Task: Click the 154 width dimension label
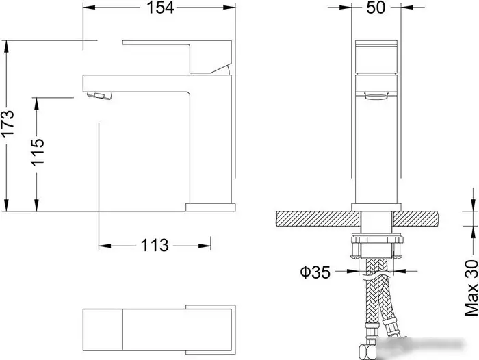click(160, 8)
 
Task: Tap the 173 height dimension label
click(8, 123)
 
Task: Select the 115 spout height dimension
click(37, 152)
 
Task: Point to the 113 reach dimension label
click(155, 245)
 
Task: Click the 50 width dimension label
click(376, 8)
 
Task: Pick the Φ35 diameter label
click(315, 272)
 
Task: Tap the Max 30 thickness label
click(471, 288)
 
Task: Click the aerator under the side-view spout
click(100, 96)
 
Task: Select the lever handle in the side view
click(177, 57)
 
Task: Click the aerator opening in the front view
click(376, 97)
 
